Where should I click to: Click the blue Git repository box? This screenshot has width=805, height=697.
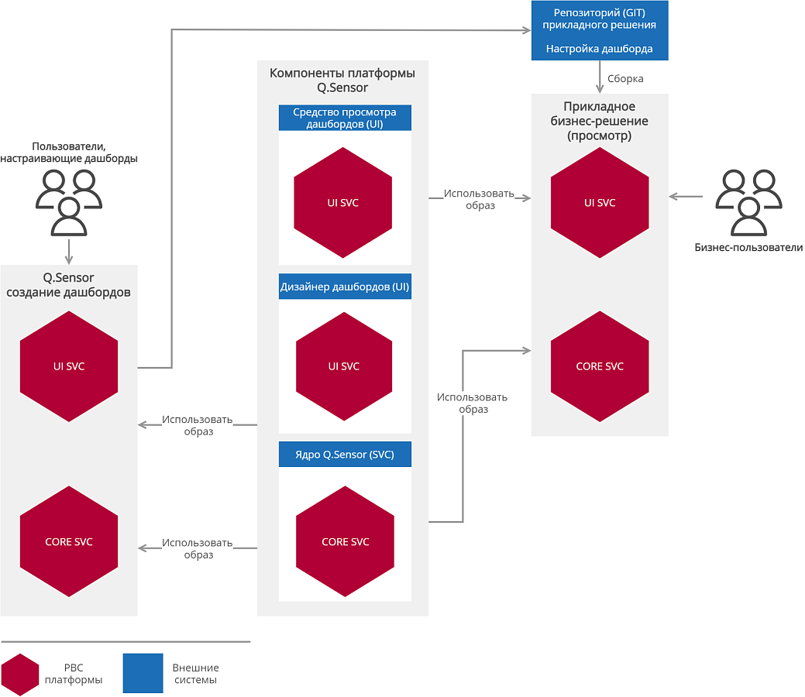(600, 30)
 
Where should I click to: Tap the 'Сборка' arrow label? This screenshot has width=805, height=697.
(625, 78)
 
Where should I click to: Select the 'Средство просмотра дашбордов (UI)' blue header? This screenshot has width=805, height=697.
(345, 118)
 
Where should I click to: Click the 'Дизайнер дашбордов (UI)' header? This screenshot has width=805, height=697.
(345, 287)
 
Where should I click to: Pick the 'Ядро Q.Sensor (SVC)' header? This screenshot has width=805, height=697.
(345, 455)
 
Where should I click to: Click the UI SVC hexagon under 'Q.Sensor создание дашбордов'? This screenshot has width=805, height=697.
(69, 366)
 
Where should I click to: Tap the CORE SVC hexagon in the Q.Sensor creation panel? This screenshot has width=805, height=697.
(69, 541)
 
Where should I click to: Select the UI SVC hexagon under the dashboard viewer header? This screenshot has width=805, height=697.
(343, 203)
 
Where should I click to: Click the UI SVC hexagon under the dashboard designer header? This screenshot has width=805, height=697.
(344, 366)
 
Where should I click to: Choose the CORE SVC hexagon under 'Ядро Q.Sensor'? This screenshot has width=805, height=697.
(345, 541)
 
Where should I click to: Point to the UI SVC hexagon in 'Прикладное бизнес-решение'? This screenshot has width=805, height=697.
(600, 203)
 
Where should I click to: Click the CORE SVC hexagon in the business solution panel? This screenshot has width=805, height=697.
(600, 366)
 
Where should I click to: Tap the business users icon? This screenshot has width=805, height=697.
(748, 202)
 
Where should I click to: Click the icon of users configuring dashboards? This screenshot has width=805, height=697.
(69, 202)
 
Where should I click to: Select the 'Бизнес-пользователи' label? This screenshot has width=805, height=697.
(748, 247)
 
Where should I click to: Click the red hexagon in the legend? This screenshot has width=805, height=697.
(20, 675)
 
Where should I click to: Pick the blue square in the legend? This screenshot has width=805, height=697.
(143, 673)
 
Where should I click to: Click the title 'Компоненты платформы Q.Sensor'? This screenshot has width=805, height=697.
(342, 80)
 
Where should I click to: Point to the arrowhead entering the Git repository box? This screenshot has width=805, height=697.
(527, 30)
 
